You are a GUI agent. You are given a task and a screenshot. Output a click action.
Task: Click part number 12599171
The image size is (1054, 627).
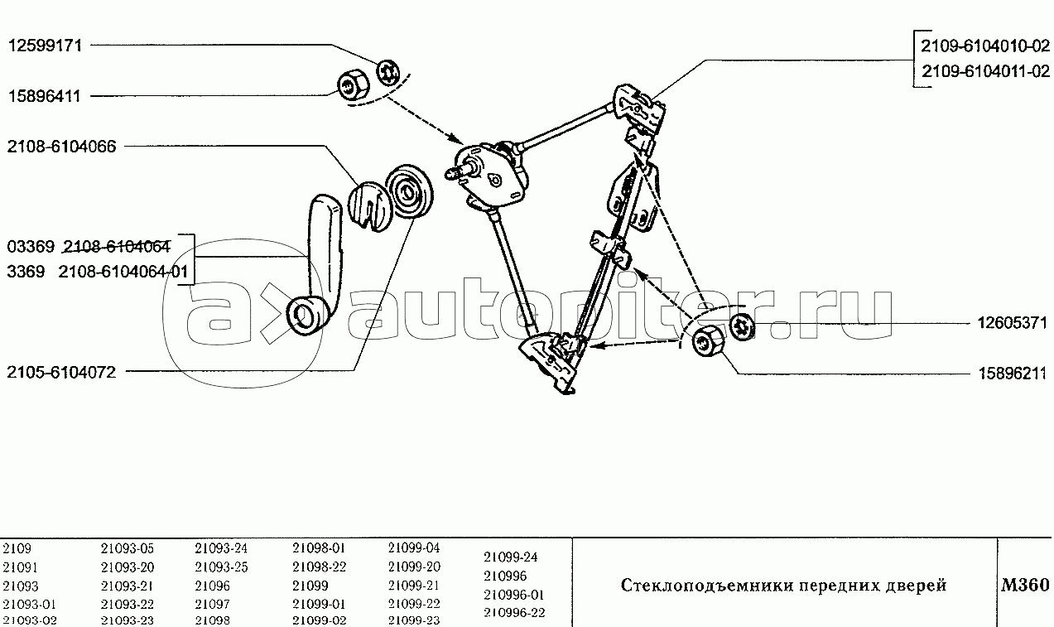pyautogui.click(x=46, y=46)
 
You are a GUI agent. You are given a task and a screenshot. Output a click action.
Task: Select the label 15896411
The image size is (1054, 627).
pyautogui.click(x=45, y=96)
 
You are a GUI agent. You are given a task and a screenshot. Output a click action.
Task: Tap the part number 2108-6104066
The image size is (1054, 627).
pyautogui.click(x=61, y=147)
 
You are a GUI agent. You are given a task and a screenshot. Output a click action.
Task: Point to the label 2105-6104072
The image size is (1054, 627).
pyautogui.click(x=61, y=373)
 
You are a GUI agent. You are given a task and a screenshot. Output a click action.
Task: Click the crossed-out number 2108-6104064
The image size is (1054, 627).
pyautogui.click(x=117, y=246)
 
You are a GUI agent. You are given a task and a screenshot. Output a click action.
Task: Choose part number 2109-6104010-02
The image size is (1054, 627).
pyautogui.click(x=984, y=46)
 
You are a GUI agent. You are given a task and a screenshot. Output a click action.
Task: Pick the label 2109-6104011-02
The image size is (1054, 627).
pyautogui.click(x=985, y=71)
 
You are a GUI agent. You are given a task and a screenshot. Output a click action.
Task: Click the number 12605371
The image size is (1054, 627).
pyautogui.click(x=1012, y=323)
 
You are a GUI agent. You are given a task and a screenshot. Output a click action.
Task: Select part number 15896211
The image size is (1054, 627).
pyautogui.click(x=1013, y=374)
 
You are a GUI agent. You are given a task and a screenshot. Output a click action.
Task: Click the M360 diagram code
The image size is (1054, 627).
pyautogui.click(x=1025, y=585)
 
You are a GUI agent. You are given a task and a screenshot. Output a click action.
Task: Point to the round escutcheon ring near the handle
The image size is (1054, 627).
pyautogui.click(x=409, y=191)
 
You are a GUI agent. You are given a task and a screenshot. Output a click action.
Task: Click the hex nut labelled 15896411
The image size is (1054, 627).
pyautogui.click(x=354, y=84)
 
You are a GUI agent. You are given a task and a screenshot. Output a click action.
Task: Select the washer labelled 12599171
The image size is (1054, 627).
pyautogui.click(x=387, y=73)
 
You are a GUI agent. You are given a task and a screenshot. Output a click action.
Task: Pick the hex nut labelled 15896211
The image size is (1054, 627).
pyautogui.click(x=707, y=340)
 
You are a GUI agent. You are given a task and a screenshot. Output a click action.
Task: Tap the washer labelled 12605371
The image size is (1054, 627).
pyautogui.click(x=742, y=326)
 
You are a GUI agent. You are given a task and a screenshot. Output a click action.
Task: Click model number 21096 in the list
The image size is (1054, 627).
pyautogui.click(x=212, y=586)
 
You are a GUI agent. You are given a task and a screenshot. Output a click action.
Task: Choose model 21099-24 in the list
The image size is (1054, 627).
pyautogui.click(x=511, y=557)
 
